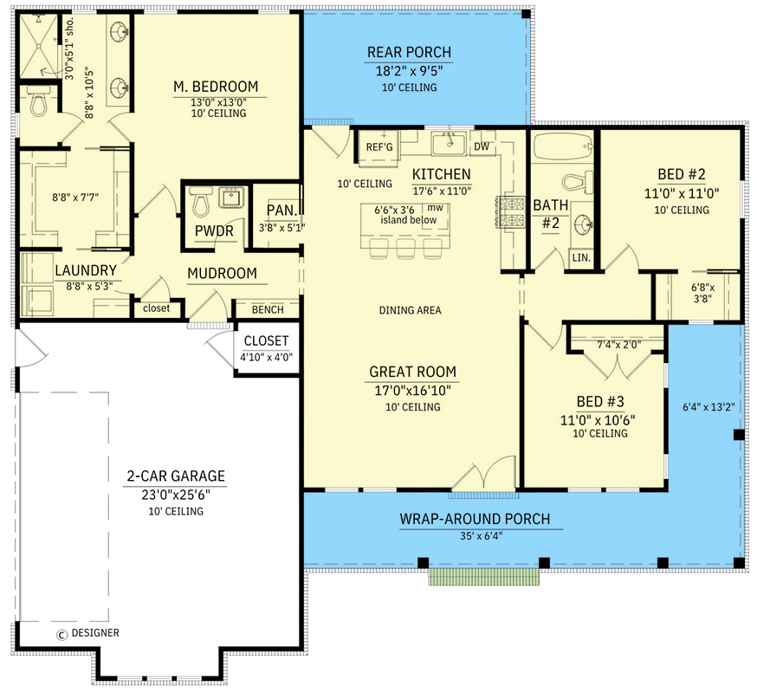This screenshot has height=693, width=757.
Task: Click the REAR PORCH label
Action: click(409, 53)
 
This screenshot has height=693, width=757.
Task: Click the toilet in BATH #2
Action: click(574, 183)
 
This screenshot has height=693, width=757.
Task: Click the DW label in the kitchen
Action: click(482, 147)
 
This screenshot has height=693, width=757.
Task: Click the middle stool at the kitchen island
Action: click(404, 249)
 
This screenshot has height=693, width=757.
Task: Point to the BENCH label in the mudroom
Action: click(266, 310)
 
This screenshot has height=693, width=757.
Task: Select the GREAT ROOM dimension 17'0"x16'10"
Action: click(412, 390)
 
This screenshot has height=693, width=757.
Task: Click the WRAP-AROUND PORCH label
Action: click(475, 520)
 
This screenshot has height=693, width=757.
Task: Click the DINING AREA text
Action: click(411, 310)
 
